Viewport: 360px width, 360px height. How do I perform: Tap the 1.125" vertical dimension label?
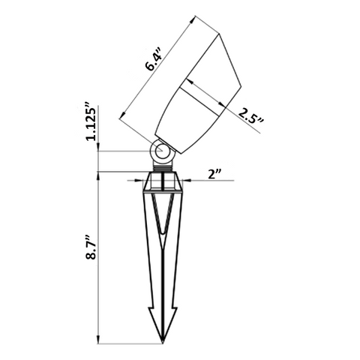[91, 124]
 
